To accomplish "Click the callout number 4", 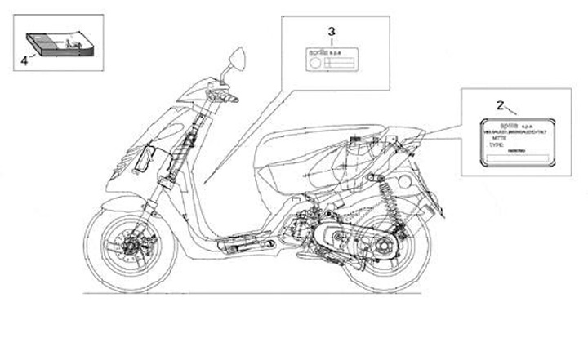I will tap(23, 60).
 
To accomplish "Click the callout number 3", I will tap(332, 31).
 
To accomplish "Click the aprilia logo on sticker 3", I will tap(318, 53).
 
